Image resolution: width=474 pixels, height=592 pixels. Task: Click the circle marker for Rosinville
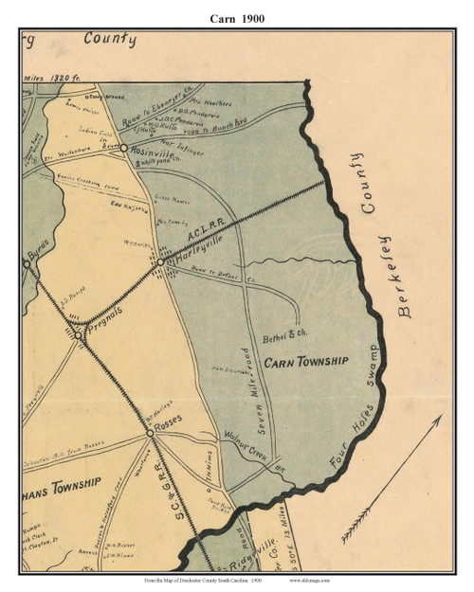[123, 148]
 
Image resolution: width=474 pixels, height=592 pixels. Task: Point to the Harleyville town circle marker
[160, 262]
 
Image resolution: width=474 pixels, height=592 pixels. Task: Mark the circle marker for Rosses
[149, 432]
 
